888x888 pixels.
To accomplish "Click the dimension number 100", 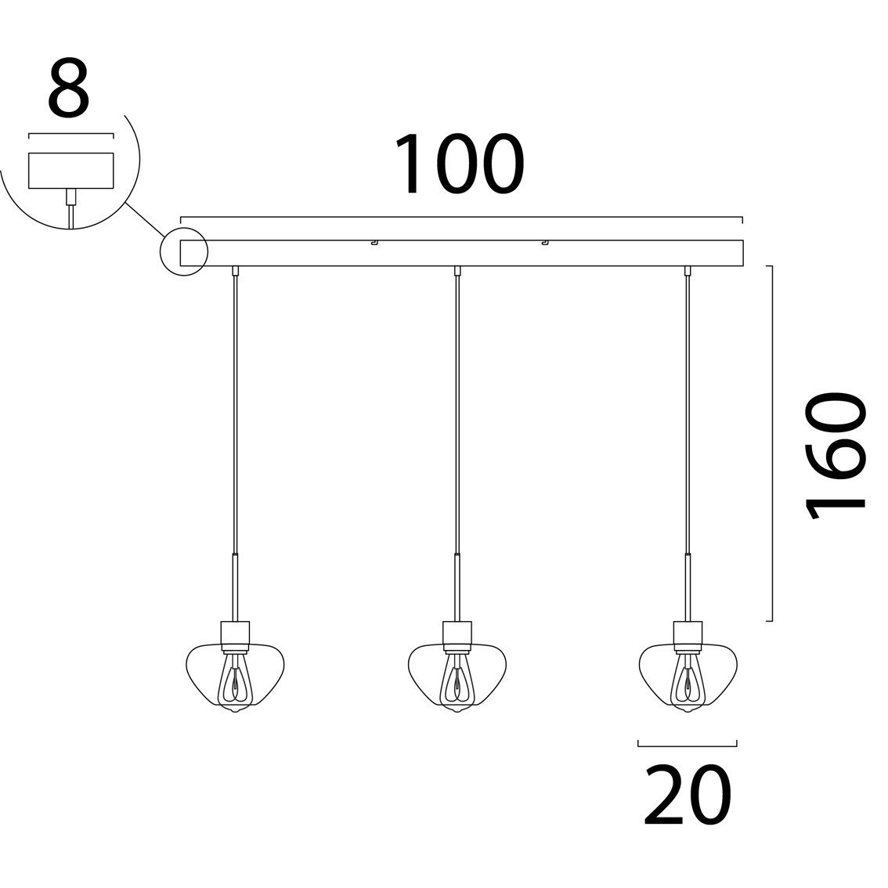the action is click(458, 164).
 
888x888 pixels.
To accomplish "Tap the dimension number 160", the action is click(836, 457).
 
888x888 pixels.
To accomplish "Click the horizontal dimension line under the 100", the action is click(461, 218).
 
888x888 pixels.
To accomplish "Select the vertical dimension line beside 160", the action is click(772, 443).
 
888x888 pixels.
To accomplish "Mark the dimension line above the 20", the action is click(688, 742).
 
